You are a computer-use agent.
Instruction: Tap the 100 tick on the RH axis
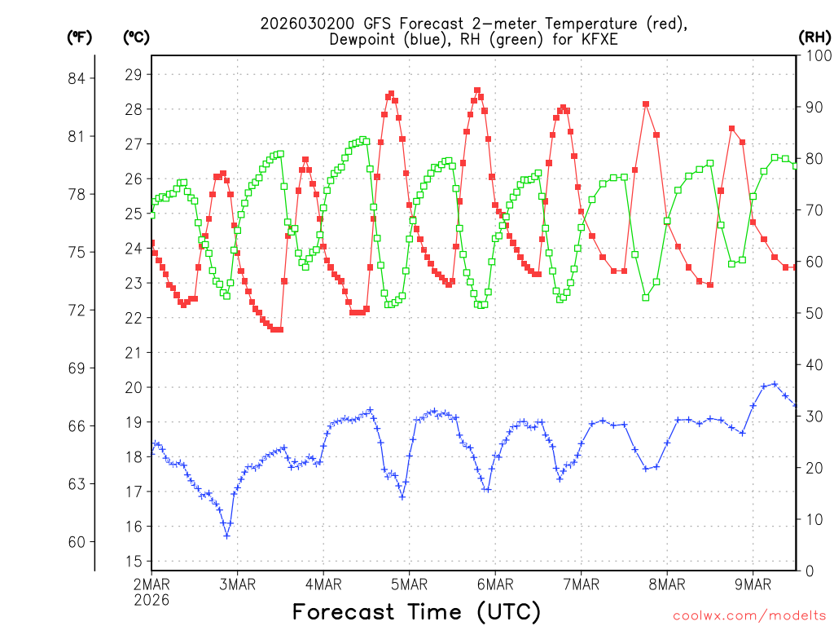[815, 56]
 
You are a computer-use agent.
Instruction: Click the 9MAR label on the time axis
[753, 584]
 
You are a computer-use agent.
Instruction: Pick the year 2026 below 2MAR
[151, 600]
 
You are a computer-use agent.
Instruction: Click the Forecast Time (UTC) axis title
[416, 611]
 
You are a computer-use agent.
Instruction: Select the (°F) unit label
[80, 37]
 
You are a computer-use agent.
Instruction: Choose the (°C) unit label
[136, 37]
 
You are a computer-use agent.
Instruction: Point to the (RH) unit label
[814, 37]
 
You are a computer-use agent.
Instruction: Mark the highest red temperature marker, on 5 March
[477, 90]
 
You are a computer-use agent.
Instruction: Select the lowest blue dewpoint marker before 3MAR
[226, 536]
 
